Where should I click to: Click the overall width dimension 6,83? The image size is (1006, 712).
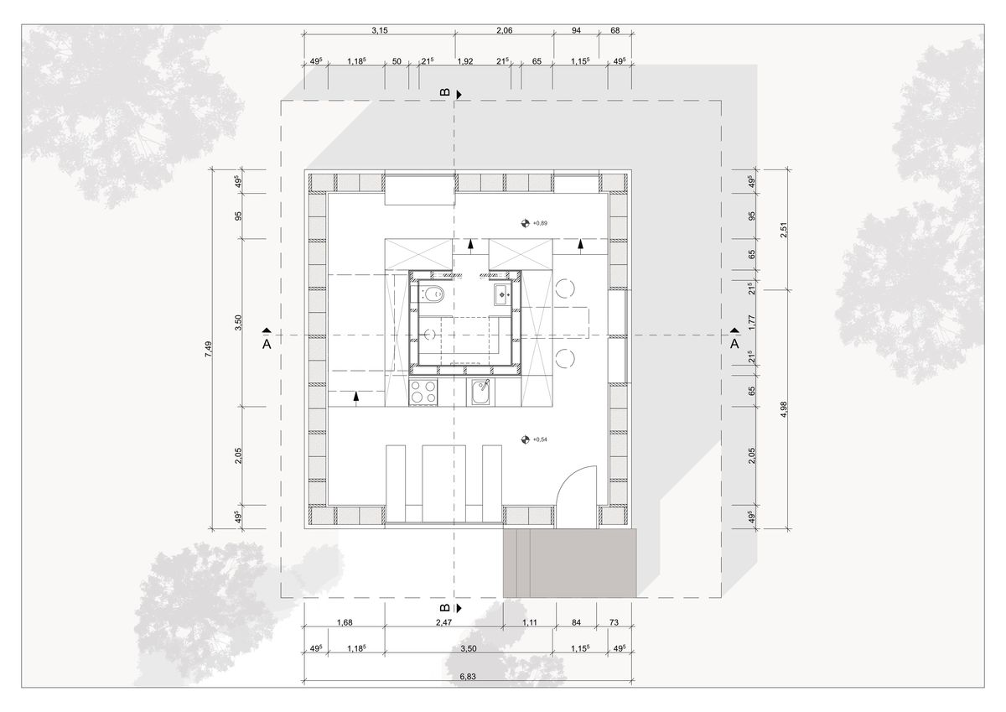(468, 677)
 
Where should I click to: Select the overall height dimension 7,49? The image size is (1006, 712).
(209, 349)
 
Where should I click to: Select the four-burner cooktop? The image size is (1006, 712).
(423, 392)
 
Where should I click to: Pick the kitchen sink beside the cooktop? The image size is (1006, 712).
(480, 392)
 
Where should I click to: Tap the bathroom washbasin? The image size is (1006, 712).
(502, 294)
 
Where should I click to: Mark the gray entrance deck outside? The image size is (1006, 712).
(569, 564)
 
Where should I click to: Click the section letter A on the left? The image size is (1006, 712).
(267, 344)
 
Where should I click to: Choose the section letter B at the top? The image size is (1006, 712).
(445, 92)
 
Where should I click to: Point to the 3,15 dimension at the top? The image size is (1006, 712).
(380, 30)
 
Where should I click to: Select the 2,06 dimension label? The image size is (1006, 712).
(505, 30)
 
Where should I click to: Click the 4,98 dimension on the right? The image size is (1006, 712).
(784, 409)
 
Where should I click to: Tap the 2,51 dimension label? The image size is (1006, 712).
(784, 230)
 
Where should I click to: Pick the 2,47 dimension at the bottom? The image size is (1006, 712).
(443, 622)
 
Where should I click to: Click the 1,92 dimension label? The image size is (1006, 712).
(465, 61)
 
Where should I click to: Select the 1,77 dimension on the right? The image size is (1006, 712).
(753, 323)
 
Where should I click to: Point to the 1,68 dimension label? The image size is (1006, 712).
(345, 622)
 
